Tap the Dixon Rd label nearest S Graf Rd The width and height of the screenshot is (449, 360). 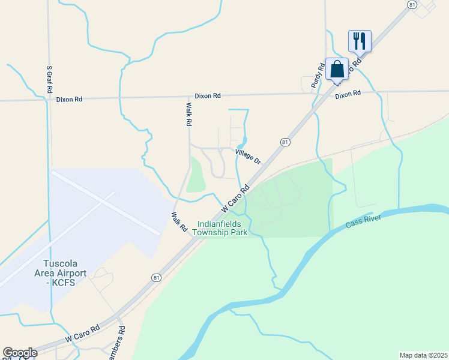[x=70, y=100]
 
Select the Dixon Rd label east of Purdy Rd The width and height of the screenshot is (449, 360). [x=348, y=94]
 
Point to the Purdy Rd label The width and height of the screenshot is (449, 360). [x=318, y=77]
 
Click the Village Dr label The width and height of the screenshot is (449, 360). [x=249, y=157]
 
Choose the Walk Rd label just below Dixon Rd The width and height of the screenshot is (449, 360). [x=188, y=113]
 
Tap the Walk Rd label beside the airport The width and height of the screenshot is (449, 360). [x=179, y=223]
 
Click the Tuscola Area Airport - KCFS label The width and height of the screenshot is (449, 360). [x=64, y=273]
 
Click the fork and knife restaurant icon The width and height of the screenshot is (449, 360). [x=360, y=41]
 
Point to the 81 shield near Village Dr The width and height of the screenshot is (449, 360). [x=285, y=142]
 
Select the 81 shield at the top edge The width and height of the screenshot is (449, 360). [x=411, y=5]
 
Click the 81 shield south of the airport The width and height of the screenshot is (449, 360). [x=157, y=277]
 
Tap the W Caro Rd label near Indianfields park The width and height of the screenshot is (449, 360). [x=235, y=198]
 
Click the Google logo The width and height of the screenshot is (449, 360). [x=20, y=353]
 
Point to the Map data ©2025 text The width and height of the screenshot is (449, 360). [x=423, y=355]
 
